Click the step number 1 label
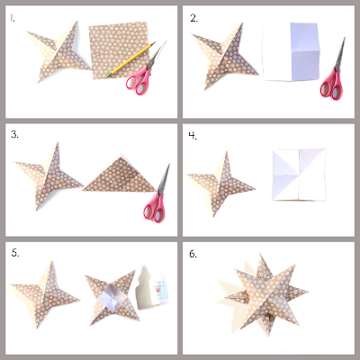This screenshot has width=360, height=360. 13,18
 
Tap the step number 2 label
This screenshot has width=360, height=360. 193,19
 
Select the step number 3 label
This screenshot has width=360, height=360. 14,135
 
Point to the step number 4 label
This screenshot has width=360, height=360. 193,136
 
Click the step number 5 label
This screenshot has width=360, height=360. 15,253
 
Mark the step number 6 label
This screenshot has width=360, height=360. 193,254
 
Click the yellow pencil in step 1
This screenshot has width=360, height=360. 131,59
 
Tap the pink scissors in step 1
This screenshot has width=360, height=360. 143,71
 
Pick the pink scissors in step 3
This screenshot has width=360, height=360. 157,196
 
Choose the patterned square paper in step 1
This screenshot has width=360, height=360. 119,50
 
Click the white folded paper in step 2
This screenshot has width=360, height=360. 291,51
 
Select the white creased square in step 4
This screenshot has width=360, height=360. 299,175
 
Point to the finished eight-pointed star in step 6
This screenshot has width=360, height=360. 266,295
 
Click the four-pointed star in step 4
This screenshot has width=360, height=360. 220,183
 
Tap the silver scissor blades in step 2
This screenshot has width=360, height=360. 340,55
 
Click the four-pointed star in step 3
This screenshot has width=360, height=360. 48,177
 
